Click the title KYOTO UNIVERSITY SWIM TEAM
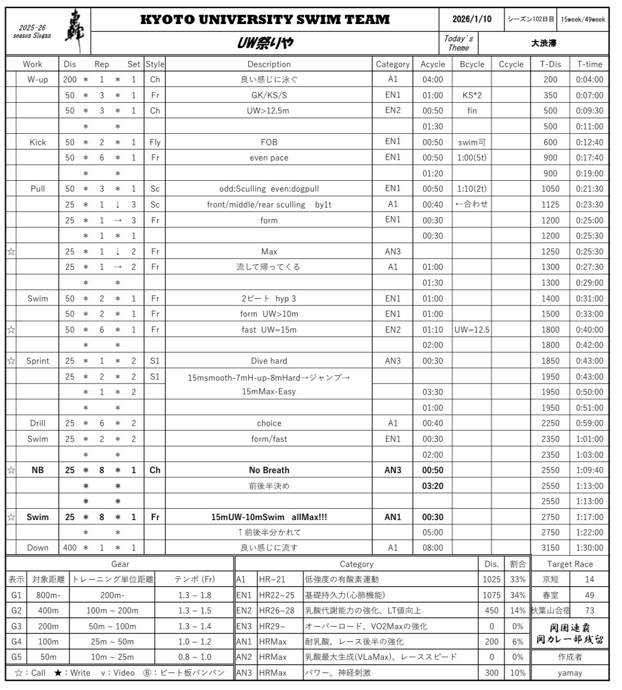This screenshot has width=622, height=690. click(265, 20)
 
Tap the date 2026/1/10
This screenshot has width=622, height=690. click(472, 19)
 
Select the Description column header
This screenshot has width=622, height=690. click(269, 64)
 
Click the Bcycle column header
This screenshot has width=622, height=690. click(472, 64)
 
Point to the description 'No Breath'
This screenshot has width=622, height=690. click(269, 470)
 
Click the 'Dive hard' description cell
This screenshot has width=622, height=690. click(269, 361)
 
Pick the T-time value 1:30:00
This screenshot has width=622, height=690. click(589, 547)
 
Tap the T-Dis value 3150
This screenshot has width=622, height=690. click(550, 547)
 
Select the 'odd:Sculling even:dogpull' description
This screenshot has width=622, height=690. click(269, 188)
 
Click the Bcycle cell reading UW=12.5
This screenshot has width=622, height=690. click(472, 329)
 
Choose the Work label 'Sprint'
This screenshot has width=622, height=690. click(38, 361)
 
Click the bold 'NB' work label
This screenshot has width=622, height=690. click(38, 470)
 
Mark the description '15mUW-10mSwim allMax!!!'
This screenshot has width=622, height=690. click(269, 517)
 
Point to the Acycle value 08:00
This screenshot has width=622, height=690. click(433, 547)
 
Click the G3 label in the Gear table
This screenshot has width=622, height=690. click(16, 626)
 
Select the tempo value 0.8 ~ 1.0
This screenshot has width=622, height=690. click(194, 657)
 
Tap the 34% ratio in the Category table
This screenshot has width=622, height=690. click(517, 595)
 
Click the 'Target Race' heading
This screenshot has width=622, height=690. click(570, 564)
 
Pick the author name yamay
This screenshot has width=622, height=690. click(570, 673)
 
